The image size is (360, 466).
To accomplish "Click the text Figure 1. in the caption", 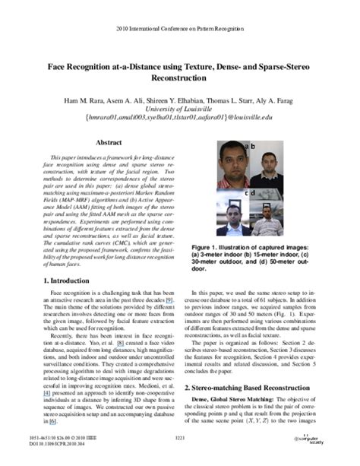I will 208,247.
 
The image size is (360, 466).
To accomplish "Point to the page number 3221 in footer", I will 180,439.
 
